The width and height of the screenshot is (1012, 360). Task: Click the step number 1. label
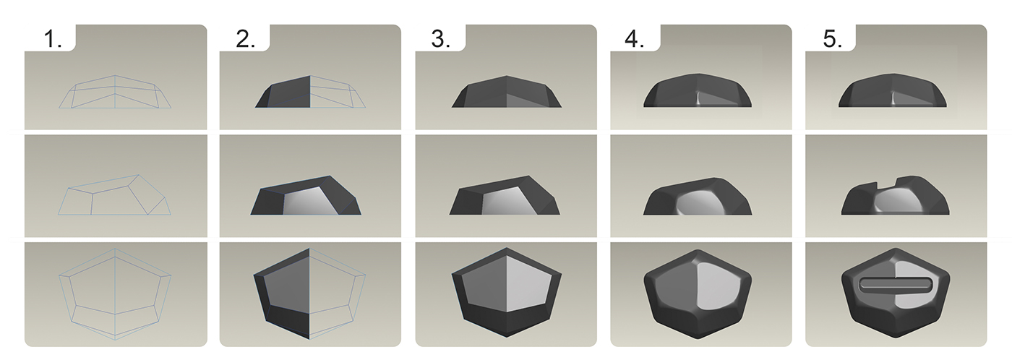53,40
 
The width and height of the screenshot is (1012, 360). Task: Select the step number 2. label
246,40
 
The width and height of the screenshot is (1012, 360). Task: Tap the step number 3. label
441,40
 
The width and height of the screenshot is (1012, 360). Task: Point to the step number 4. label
635,40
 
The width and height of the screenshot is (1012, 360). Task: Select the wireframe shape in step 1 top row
116,92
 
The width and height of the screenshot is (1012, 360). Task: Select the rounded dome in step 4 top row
698,93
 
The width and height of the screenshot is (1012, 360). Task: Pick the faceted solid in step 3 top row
505,93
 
